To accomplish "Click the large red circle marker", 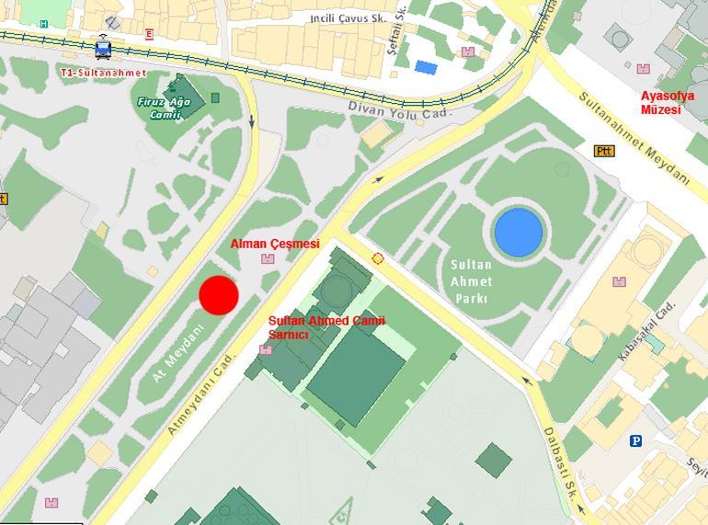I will [219, 294].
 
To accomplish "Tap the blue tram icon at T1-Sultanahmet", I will [103, 47].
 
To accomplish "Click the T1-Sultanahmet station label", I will [103, 73].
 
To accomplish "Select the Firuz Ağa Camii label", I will [165, 108].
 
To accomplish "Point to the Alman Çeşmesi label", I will [274, 244].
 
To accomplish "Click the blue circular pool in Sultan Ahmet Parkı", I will [518, 231].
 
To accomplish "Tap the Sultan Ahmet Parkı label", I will [471, 281].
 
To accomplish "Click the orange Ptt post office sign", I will [604, 151].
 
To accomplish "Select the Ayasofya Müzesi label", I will [668, 102].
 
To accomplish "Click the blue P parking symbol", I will [635, 441].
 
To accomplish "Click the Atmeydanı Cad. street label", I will [201, 395].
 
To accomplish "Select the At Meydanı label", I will [177, 352].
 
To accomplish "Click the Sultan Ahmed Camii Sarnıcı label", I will [325, 326].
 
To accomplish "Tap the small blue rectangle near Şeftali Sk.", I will [426, 66].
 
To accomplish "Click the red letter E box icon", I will [149, 34].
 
